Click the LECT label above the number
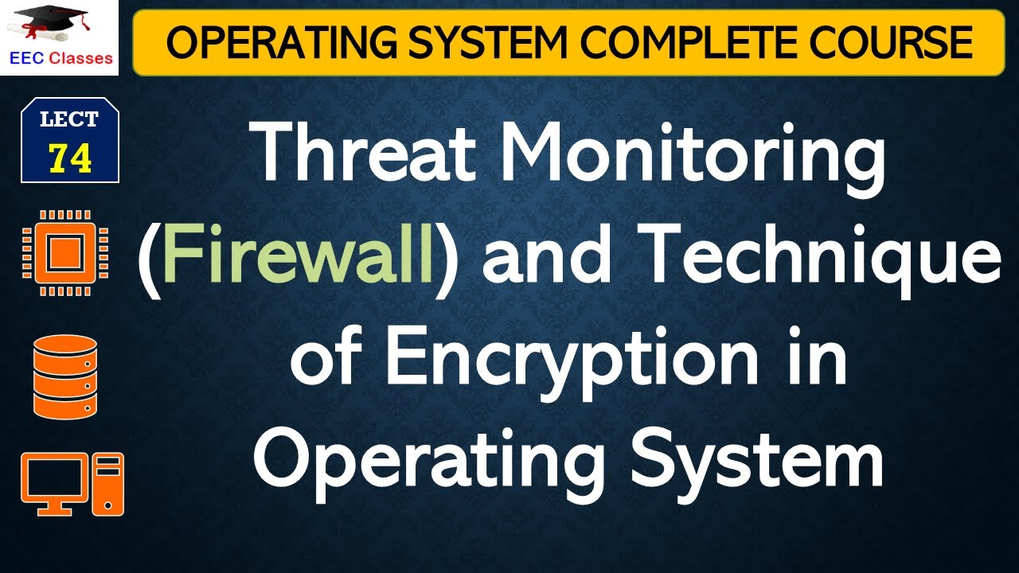click(x=70, y=120)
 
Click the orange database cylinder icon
click(x=65, y=376)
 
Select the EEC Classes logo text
click(x=60, y=58)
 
